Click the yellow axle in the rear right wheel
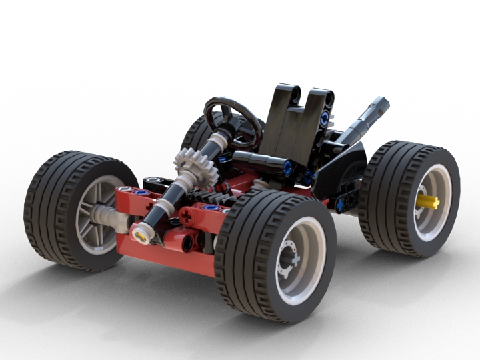[x=427, y=202]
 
